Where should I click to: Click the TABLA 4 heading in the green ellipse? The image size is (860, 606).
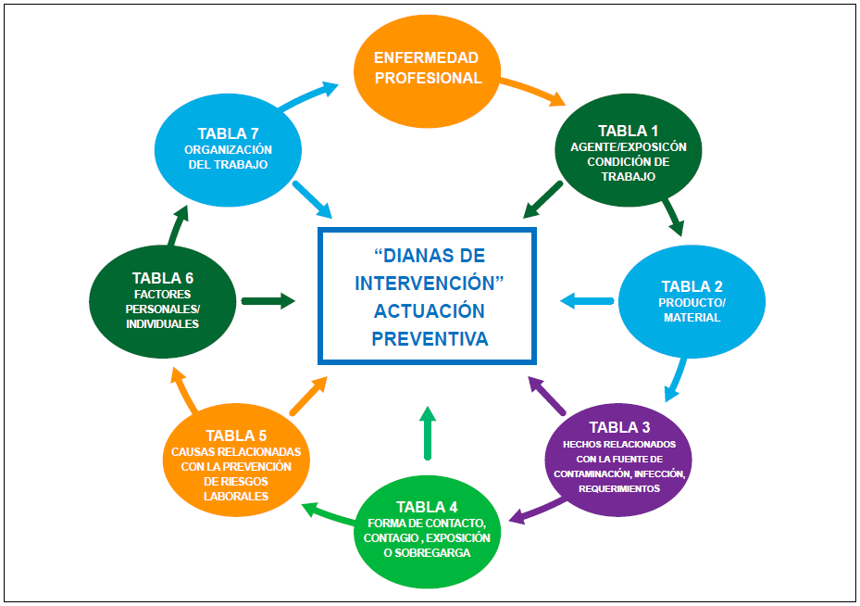pyautogui.click(x=427, y=507)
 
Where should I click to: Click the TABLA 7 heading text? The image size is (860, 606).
pyautogui.click(x=228, y=133)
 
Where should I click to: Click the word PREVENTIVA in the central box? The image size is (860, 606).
pyautogui.click(x=430, y=339)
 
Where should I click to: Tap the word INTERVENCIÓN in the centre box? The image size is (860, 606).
pyautogui.click(x=429, y=282)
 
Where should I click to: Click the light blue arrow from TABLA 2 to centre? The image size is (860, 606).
pyautogui.click(x=587, y=300)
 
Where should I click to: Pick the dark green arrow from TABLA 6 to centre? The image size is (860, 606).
pyautogui.click(x=268, y=300)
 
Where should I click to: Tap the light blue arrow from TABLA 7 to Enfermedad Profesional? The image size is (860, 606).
pyautogui.click(x=308, y=96)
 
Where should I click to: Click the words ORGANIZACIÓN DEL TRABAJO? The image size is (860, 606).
pyautogui.click(x=227, y=158)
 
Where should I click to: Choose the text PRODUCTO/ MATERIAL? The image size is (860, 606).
pyautogui.click(x=692, y=310)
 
